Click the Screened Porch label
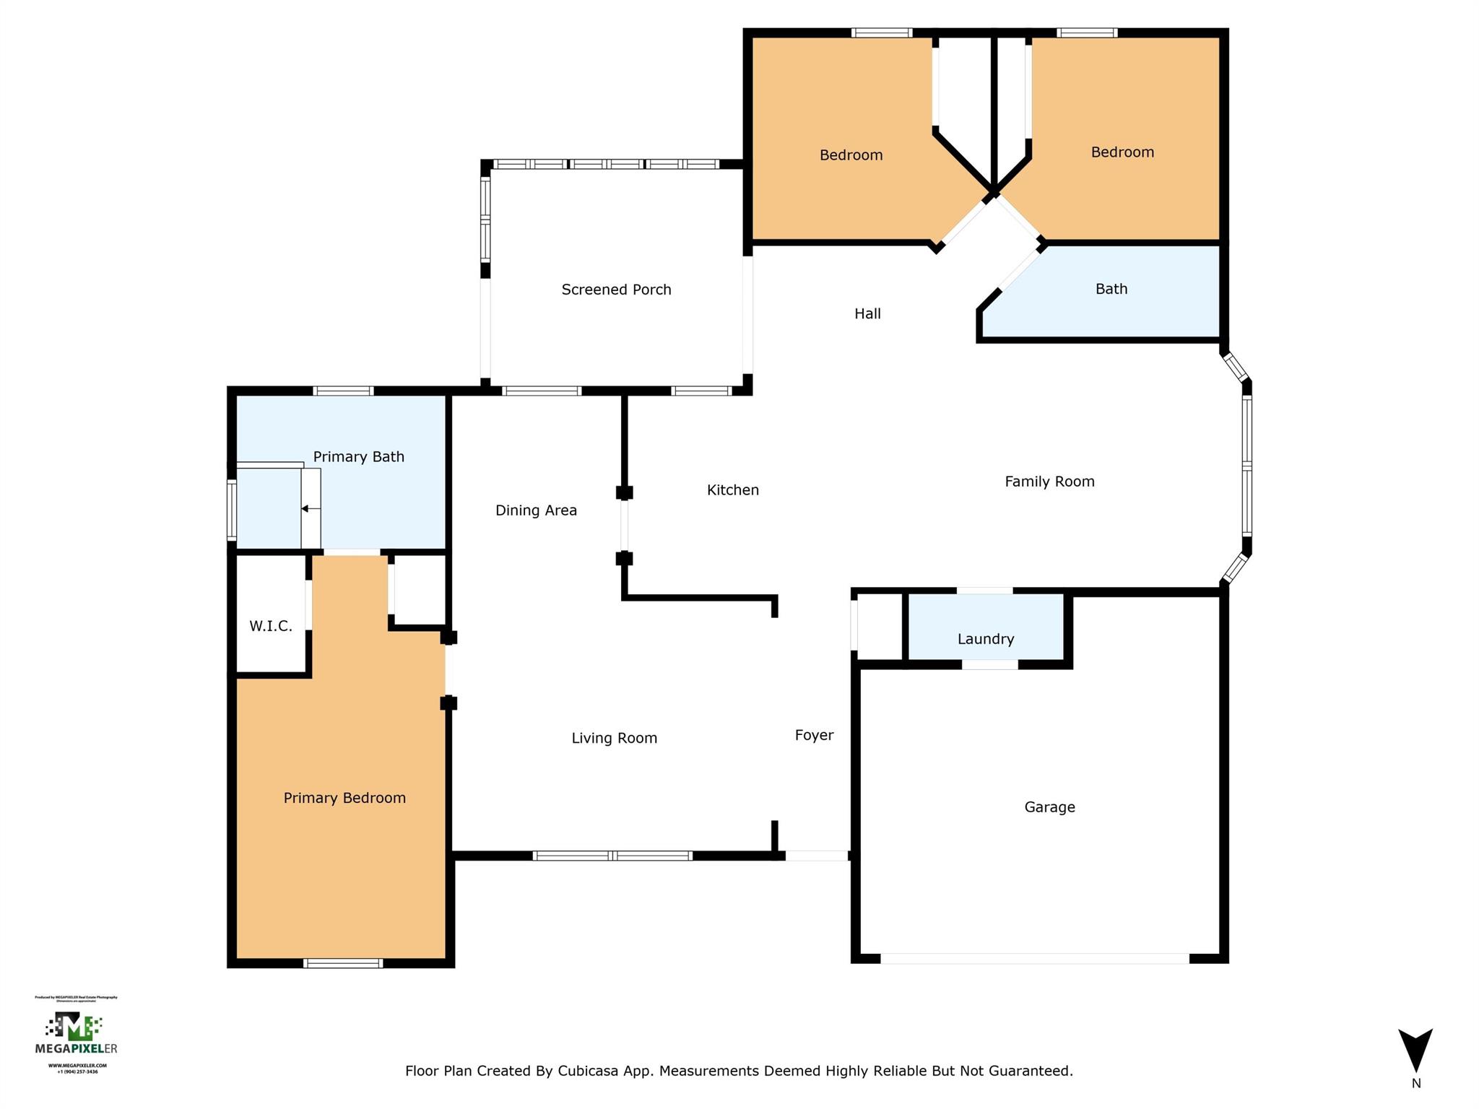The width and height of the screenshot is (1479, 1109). (x=616, y=290)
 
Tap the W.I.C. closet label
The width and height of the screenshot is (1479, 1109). (x=271, y=626)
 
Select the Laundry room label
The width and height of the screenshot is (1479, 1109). (x=986, y=639)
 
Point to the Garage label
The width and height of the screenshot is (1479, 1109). (x=1049, y=807)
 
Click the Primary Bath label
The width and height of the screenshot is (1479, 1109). (x=358, y=457)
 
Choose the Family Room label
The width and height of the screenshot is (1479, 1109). (x=1049, y=482)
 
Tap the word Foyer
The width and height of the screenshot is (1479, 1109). (x=814, y=735)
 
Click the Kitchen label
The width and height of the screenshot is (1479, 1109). (x=732, y=490)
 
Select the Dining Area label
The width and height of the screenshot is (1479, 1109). (x=536, y=510)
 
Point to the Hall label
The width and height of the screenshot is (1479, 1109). (x=867, y=313)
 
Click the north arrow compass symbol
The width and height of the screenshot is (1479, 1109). (x=1415, y=1051)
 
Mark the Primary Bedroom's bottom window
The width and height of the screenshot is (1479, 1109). (x=342, y=962)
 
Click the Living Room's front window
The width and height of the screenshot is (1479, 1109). (x=612, y=856)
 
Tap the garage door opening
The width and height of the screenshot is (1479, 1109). (x=1034, y=958)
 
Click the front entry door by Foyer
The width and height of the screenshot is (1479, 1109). (x=816, y=856)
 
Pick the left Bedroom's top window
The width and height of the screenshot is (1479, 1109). (x=881, y=32)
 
